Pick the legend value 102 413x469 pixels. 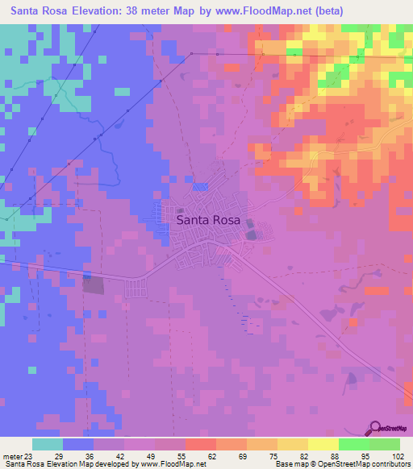point(395,457)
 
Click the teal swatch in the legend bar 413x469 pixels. point(48,445)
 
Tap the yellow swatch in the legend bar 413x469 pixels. point(323,445)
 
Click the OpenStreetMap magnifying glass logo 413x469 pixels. point(376,428)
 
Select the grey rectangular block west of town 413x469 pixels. point(94,284)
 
